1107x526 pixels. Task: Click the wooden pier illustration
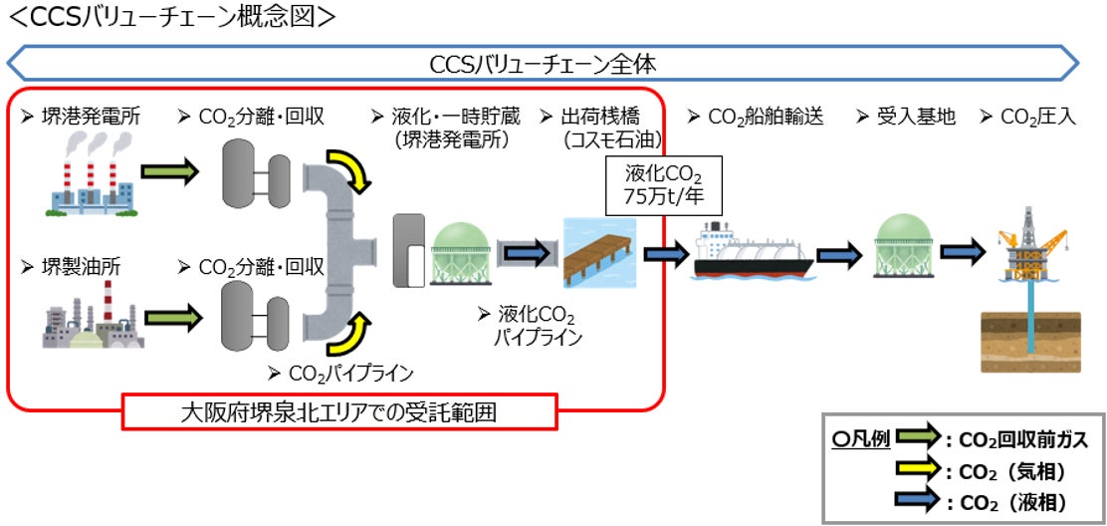point(599,253)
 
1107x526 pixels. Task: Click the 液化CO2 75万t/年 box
point(664,185)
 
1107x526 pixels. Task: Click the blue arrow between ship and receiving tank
point(843,254)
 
